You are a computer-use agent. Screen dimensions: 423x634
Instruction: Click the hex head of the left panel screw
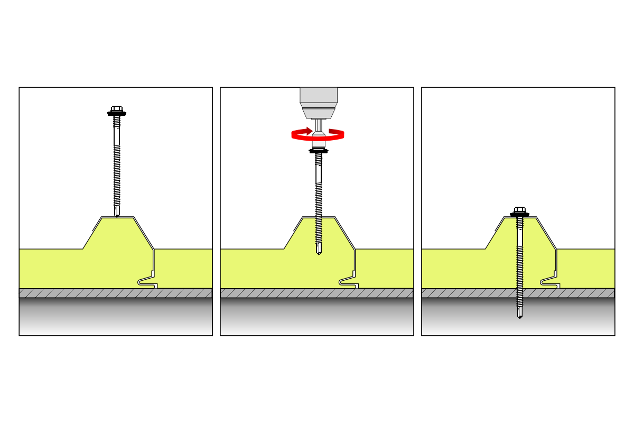click(x=117, y=109)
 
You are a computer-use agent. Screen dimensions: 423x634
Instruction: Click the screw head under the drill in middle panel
click(x=319, y=150)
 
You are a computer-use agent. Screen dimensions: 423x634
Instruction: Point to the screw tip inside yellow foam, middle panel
click(x=319, y=252)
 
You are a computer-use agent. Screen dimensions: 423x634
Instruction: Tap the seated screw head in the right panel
click(x=519, y=210)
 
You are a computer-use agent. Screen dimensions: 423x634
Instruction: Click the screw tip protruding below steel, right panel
click(x=520, y=315)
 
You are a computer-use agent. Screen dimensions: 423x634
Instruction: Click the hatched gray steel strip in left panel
click(x=63, y=293)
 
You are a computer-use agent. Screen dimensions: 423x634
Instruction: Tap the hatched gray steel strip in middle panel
click(x=264, y=293)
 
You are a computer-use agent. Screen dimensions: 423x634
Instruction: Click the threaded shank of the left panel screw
click(x=117, y=174)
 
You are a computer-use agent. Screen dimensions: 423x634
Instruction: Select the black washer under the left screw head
click(x=117, y=114)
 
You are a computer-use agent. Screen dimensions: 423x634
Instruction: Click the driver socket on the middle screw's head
click(x=319, y=141)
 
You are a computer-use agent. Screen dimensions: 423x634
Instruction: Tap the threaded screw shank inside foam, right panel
click(x=520, y=254)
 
